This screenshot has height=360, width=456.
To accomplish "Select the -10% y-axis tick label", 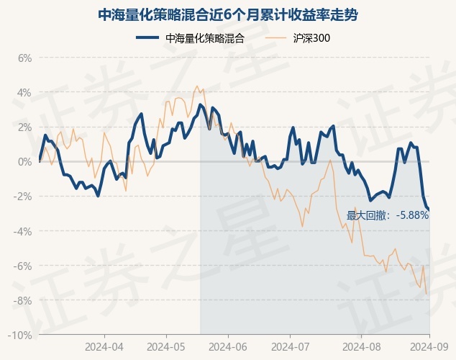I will (21, 336).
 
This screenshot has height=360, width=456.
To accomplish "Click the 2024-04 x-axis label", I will (104, 346).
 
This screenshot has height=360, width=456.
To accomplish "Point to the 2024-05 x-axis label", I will (166, 346).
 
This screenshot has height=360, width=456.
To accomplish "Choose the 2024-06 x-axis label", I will (228, 346).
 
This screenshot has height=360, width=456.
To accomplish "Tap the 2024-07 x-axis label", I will (290, 346).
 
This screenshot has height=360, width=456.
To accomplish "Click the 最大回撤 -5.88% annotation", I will (388, 215).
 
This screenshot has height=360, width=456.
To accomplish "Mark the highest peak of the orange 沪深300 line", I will (197, 86).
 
